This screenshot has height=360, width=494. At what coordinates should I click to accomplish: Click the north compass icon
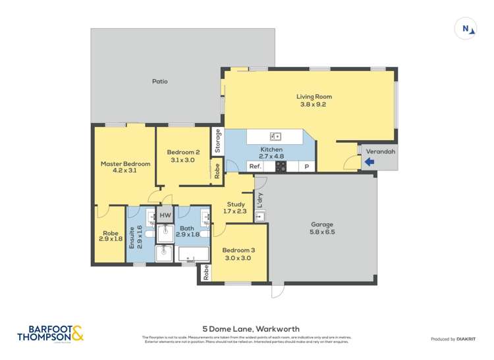pos(466,28)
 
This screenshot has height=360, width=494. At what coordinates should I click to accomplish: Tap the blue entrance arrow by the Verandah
pos(370,161)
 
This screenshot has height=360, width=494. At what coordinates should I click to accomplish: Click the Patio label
pos(160,82)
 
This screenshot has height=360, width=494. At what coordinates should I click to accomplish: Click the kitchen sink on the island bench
pos(276,137)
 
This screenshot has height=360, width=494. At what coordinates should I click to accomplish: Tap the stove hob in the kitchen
pos(281,167)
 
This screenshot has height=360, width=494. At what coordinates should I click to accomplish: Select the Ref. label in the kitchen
pos(256,167)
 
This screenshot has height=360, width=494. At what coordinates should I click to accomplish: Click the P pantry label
pos(306,167)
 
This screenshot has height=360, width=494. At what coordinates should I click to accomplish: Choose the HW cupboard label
pos(165,215)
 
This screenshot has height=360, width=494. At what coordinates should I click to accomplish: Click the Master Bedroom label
pos(125,164)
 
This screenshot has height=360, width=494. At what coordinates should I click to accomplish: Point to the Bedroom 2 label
pos(179,152)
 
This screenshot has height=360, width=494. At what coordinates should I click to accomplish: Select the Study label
pos(236,204)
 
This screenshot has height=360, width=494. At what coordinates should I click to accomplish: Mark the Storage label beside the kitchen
pos(218,140)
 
